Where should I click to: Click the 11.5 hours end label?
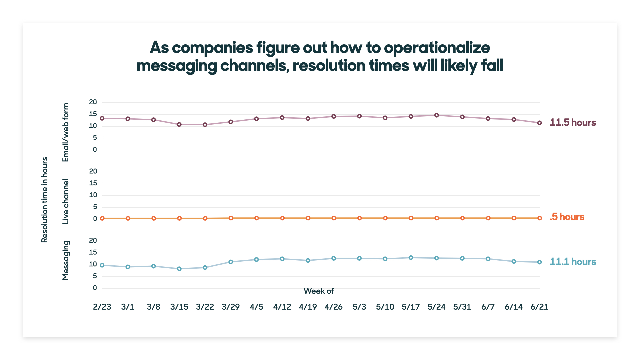pos(573,123)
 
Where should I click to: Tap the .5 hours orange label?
pos(567,217)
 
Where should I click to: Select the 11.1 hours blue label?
pos(573,262)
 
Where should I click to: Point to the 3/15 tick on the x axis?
pos(179,307)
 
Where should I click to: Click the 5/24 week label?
pos(436,307)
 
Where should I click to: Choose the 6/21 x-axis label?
pos(539,307)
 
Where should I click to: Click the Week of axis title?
pos(319,291)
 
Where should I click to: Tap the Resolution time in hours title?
pos(45,200)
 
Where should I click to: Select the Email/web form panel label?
pos(66,132)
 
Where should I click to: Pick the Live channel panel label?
pos(66,201)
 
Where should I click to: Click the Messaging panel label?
pos(66,260)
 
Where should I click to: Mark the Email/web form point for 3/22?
pos(205,125)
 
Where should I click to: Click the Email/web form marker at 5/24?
pos(436,115)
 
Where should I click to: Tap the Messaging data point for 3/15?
pos(179,269)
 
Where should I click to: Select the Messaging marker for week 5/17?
pos(411,258)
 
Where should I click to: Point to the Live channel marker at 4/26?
pos(334,218)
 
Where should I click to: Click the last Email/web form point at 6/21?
pos(539,123)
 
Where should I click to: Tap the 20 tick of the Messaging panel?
pos(93,241)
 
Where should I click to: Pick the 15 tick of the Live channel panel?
pos(93,183)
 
